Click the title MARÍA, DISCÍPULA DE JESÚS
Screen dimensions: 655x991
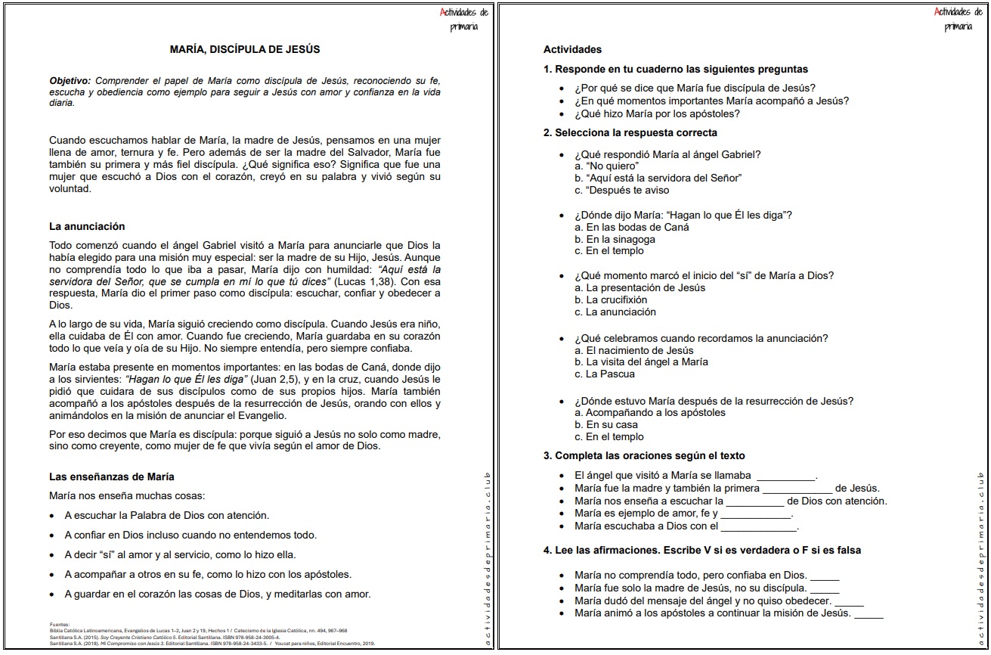[245, 50]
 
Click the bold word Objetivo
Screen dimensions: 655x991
[68, 81]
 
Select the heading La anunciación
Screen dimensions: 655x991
[87, 226]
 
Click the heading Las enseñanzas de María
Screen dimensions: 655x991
[112, 477]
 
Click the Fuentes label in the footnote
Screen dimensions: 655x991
[58, 625]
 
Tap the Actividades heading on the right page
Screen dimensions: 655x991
[572, 50]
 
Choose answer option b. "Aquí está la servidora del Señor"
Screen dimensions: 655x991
[658, 178]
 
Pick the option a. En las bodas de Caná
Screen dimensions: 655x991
[632, 228]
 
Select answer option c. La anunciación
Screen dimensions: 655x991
[615, 312]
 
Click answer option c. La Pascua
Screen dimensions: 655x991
[605, 374]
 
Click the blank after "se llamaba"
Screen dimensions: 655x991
[786, 477]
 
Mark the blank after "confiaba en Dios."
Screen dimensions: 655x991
[825, 576]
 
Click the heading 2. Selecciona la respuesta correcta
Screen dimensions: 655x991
[630, 133]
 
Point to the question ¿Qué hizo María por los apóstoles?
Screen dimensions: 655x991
[657, 114]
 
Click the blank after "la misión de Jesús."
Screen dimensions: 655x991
[869, 613]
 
